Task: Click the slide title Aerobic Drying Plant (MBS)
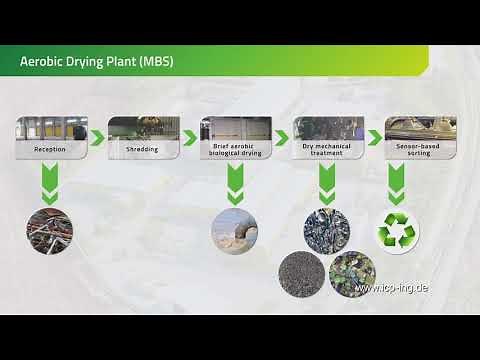97,61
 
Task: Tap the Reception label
51,149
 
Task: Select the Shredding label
142,149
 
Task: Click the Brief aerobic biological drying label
235,151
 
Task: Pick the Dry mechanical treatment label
327,151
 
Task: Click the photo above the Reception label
51,128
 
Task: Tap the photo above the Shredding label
143,128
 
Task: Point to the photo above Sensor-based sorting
420,128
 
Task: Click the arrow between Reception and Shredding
97,138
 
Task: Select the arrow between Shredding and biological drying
189,138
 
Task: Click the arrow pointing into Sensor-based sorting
374,138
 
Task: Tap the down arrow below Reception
50,183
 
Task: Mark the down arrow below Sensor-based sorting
397,183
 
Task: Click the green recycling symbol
397,231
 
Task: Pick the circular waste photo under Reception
50,229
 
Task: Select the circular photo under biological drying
235,229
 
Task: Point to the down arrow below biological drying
235,183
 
